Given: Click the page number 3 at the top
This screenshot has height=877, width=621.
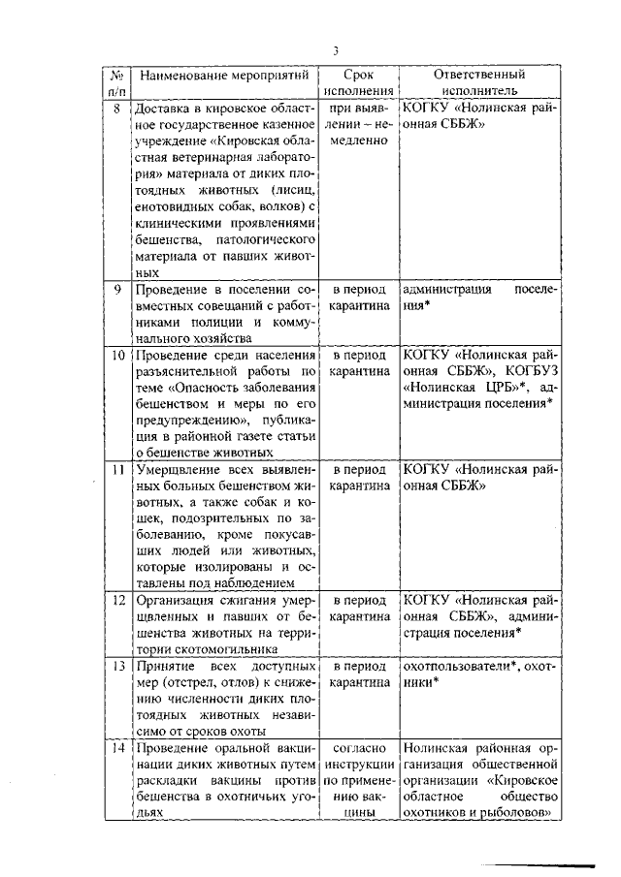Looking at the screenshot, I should (335, 51).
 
